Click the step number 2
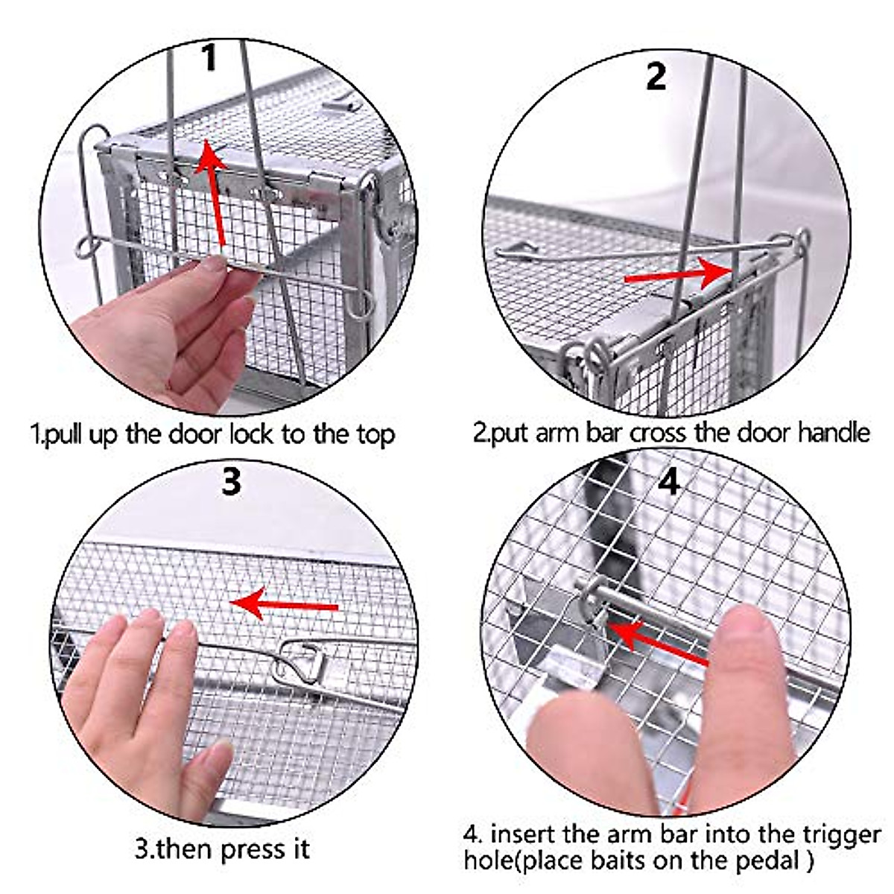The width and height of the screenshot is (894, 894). (x=656, y=76)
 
